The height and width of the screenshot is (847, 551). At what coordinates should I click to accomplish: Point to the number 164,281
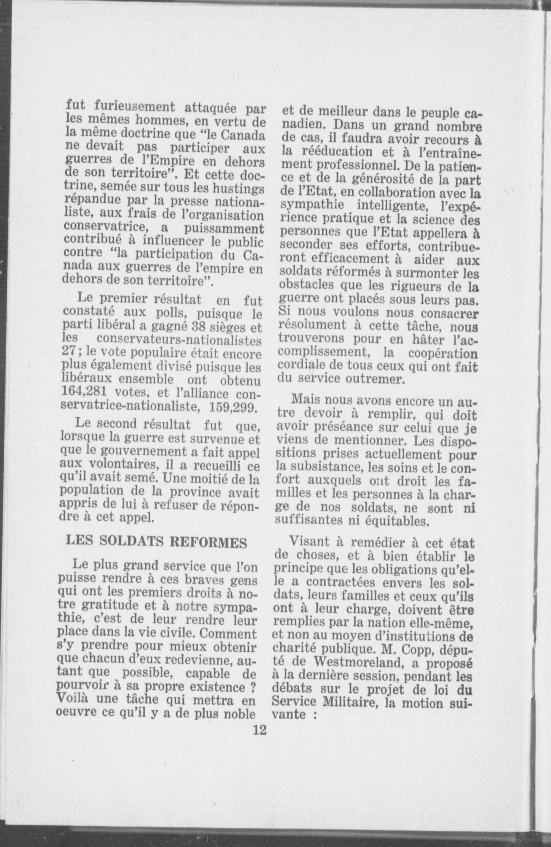coord(87,393)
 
